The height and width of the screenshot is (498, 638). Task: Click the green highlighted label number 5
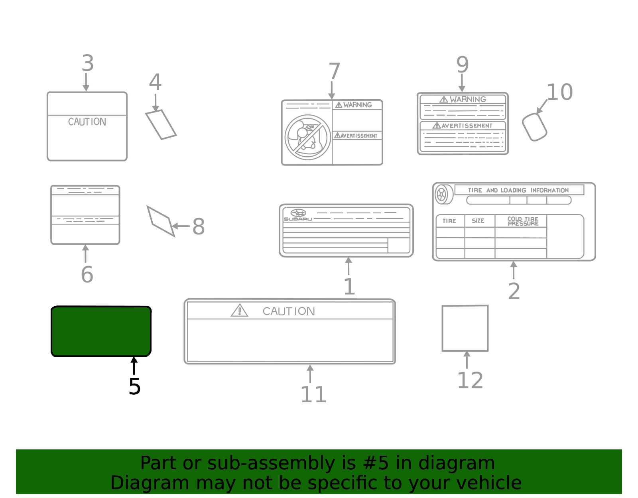click(101, 331)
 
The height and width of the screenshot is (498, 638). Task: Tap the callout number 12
click(470, 380)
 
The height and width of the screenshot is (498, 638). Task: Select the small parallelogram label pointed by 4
click(161, 124)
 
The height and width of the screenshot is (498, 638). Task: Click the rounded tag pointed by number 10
click(534, 127)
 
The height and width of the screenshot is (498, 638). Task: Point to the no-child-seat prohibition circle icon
click(307, 137)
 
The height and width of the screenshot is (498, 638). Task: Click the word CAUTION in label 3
click(87, 122)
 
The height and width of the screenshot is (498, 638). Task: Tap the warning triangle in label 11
click(239, 311)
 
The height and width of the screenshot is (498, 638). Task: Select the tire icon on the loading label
click(442, 195)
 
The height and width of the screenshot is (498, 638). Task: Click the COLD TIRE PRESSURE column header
click(522, 221)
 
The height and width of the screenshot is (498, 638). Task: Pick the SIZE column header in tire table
click(478, 220)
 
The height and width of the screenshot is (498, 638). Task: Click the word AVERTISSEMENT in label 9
click(467, 126)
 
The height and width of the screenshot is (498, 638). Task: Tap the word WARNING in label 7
click(357, 105)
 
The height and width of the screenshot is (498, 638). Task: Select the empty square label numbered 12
click(465, 328)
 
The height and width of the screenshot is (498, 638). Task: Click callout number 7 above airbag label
click(334, 71)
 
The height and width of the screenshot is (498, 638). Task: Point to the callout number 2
click(514, 291)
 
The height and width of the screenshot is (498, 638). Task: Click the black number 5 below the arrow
click(134, 386)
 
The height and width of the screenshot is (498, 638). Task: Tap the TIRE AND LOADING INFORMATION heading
click(518, 190)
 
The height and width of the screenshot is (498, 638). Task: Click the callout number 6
click(87, 274)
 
